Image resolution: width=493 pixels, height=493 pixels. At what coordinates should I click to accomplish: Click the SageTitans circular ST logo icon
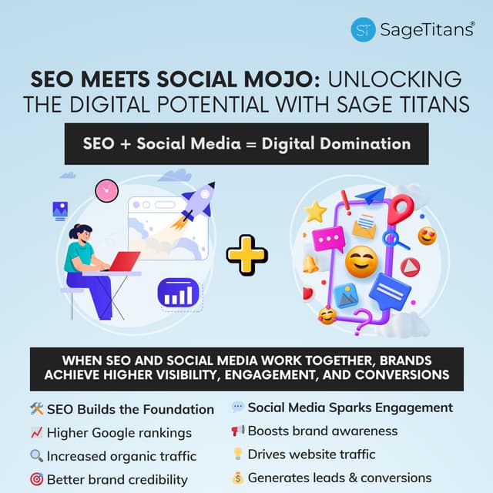(363, 29)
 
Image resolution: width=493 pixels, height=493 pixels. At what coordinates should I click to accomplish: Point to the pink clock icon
(106, 190)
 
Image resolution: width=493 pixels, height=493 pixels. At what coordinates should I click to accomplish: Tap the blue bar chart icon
(178, 293)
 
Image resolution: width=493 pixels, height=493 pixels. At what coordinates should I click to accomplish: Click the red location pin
(400, 209)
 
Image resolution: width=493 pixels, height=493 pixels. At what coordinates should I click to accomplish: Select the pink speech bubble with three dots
(328, 240)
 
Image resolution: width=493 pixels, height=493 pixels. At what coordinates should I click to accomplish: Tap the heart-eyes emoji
(427, 236)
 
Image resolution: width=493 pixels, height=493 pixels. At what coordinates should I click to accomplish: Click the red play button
(410, 267)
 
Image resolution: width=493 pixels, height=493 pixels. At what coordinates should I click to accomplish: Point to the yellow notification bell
(311, 263)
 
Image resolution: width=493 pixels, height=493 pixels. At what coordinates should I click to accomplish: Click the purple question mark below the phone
(363, 317)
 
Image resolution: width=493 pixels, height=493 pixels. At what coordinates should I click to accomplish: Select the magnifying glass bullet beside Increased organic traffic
(35, 456)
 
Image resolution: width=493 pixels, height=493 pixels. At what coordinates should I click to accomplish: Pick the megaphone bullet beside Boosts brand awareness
(237, 431)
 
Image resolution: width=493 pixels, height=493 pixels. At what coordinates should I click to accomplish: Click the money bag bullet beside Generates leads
(237, 478)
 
